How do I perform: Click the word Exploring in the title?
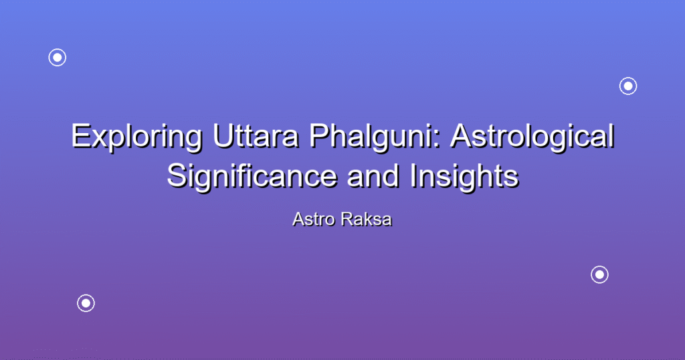pos(137,137)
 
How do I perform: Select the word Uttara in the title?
pos(256,136)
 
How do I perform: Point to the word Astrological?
pos(532,137)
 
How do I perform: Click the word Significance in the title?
pos(252,177)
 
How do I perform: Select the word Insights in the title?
pos(464,177)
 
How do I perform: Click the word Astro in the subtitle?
pos(314,219)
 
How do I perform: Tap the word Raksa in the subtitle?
pos(367,219)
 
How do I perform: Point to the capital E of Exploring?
pos(82,136)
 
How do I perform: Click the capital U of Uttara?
pos(223,137)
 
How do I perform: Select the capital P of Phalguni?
pos(319,136)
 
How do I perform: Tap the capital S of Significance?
pos(178,176)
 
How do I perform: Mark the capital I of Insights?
pos(413,175)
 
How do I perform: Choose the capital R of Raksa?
pos(348,219)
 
